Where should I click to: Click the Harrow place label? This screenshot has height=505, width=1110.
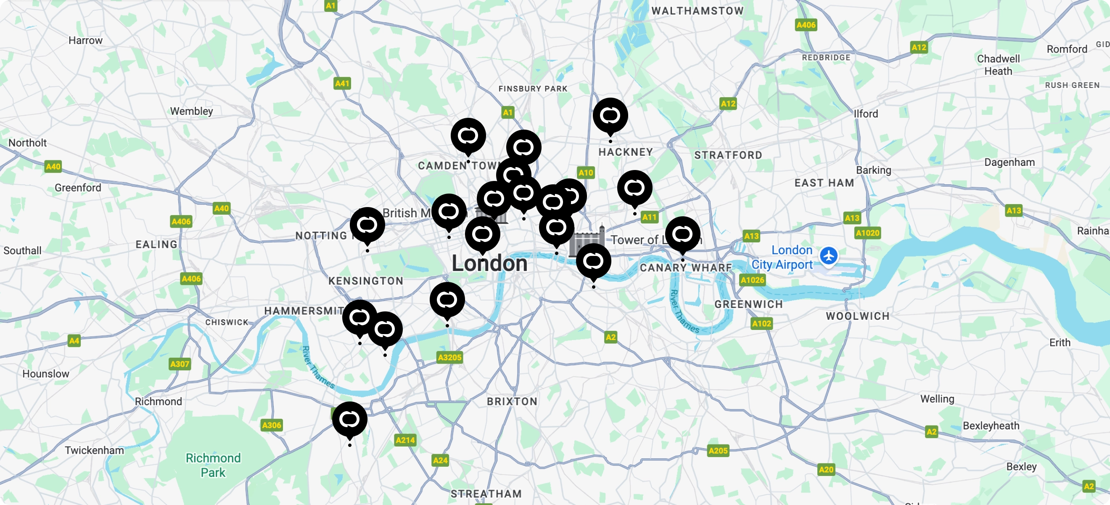point(85,40)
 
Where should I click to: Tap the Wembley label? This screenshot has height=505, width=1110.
point(191,111)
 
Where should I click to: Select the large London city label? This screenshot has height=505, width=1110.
point(489,263)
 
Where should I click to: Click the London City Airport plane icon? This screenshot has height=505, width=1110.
point(828,256)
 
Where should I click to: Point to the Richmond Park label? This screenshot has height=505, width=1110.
point(213,465)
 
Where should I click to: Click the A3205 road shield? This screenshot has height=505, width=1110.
point(449,357)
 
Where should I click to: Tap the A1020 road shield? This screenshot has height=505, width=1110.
point(867,233)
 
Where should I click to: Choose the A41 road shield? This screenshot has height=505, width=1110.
point(342,83)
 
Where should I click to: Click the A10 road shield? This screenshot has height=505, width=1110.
point(586,173)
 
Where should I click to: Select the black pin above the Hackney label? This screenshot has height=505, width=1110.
point(610,116)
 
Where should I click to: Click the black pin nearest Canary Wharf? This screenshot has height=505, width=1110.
point(682,234)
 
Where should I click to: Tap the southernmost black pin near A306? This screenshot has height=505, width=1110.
point(349,419)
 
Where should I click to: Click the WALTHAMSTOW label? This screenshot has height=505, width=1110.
point(697,11)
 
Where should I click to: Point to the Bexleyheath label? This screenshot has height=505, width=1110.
point(991,425)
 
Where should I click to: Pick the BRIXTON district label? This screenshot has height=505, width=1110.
point(512,401)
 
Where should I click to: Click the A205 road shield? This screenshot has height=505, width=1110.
point(718,451)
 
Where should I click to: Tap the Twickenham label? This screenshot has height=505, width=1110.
point(94,450)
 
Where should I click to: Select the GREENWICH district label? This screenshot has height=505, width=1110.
point(748,304)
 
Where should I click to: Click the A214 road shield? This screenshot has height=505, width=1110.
point(405,440)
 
